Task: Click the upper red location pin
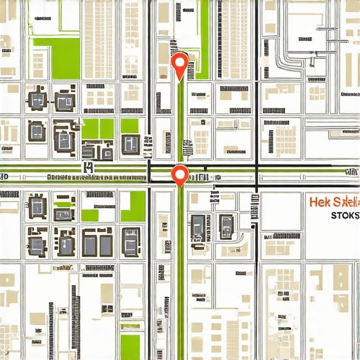click(x=180, y=64)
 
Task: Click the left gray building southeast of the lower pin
click(x=199, y=225)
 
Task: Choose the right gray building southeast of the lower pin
click(x=226, y=225)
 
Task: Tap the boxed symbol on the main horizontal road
click(x=88, y=167)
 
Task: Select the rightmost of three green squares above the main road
click(x=129, y=126)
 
